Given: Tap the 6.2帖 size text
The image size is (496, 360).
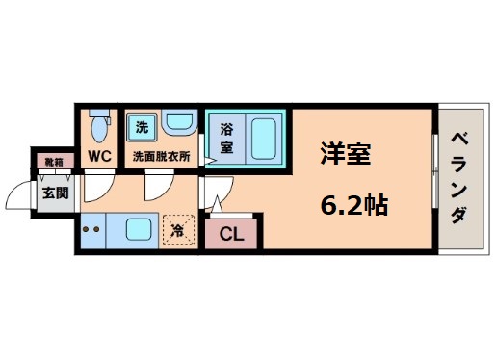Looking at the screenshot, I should (354, 205).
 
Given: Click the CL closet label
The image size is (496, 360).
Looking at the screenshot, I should (230, 232).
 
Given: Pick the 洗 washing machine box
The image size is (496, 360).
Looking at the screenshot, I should (142, 126).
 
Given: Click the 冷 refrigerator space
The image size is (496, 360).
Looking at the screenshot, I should (177, 229).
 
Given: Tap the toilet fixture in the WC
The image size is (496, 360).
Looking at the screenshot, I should (98, 125).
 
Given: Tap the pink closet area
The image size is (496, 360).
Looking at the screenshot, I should (230, 232).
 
